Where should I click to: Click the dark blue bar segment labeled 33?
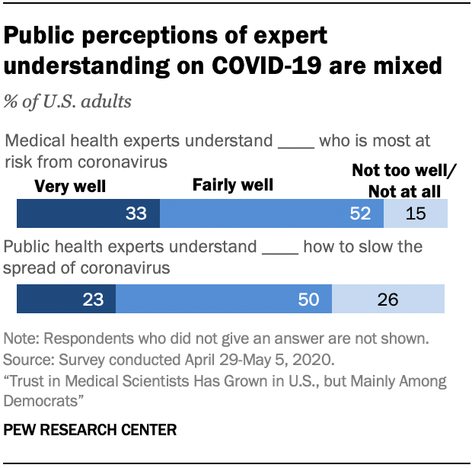click(x=88, y=214)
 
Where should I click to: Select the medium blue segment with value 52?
click(x=271, y=214)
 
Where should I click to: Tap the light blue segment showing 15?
click(x=415, y=214)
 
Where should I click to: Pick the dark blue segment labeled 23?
click(x=65, y=300)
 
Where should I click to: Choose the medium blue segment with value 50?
click(x=223, y=300)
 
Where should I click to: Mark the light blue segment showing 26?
click(x=388, y=300)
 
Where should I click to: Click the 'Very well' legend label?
click(x=71, y=186)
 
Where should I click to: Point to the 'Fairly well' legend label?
click(x=232, y=184)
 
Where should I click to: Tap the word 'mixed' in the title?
click(x=405, y=66)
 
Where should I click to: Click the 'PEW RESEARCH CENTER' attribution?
click(x=91, y=431)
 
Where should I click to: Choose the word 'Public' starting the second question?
click(x=27, y=248)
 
